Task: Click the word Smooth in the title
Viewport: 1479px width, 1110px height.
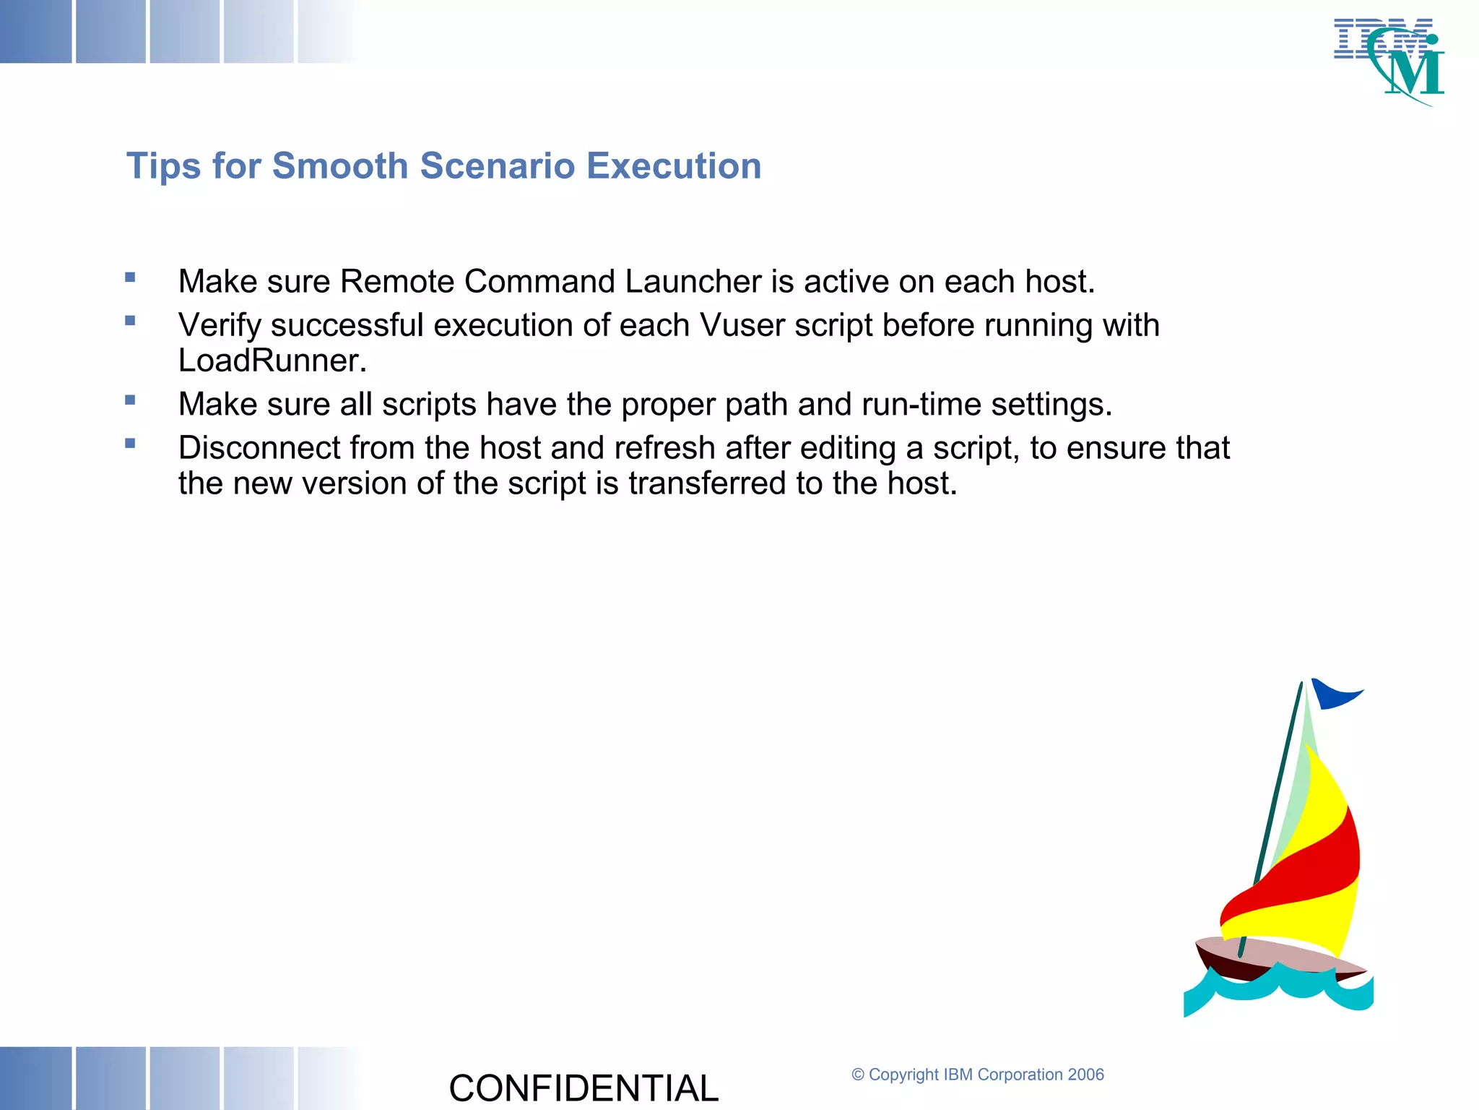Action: [340, 166]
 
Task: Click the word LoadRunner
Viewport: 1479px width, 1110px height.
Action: [272, 361]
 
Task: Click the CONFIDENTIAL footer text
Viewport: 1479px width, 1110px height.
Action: [584, 1088]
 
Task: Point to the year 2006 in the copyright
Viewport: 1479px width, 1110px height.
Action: [1085, 1075]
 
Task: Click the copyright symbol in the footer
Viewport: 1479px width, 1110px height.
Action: [858, 1075]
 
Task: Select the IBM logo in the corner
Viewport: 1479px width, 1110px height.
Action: [1388, 61]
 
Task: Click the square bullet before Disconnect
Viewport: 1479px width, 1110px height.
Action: [130, 444]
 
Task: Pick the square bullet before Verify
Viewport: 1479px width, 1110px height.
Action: [130, 321]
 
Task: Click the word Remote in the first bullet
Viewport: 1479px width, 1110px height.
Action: [397, 282]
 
